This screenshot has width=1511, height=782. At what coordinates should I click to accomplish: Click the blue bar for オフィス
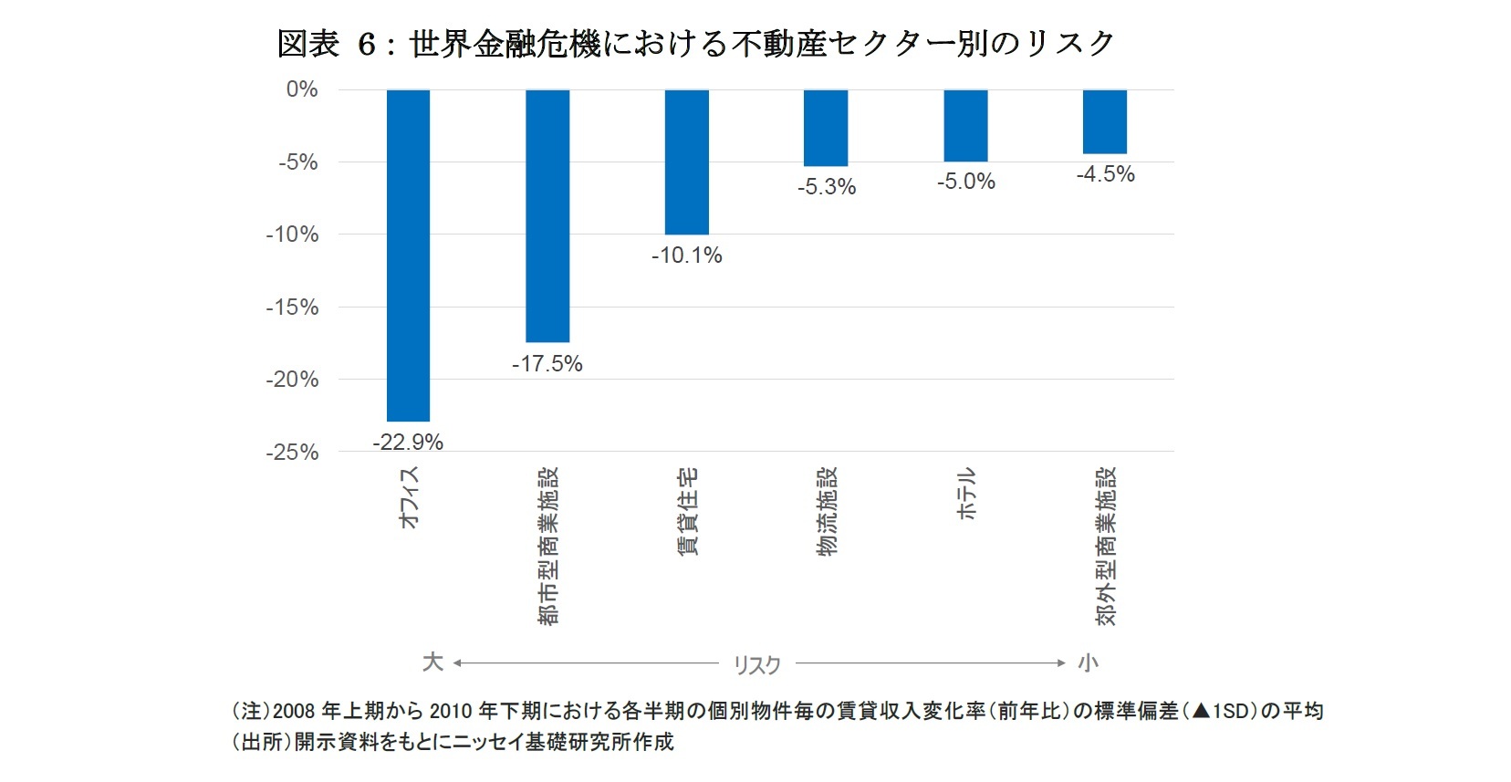pyautogui.click(x=408, y=255)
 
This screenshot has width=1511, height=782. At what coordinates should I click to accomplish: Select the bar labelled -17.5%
pyautogui.click(x=547, y=215)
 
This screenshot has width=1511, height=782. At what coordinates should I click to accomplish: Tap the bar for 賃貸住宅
pyautogui.click(x=686, y=162)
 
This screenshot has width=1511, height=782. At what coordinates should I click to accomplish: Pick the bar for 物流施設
pyautogui.click(x=826, y=128)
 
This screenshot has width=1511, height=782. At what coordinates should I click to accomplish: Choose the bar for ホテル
pyautogui.click(x=965, y=126)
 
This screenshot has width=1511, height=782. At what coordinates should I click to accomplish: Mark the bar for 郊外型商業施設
pyautogui.click(x=1104, y=121)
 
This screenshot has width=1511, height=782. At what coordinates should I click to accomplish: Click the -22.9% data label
pyautogui.click(x=408, y=443)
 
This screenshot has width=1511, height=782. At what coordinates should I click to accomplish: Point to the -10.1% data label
pyautogui.click(x=686, y=255)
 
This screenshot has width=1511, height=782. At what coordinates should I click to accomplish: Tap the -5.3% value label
pyautogui.click(x=826, y=187)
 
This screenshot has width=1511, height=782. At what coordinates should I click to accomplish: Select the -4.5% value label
pyautogui.click(x=1105, y=174)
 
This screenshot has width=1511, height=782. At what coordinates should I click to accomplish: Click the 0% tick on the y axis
pyautogui.click(x=302, y=89)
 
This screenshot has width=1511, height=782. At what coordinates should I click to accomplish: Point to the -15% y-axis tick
pyautogui.click(x=292, y=308)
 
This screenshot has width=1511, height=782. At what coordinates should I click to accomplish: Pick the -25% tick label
pyautogui.click(x=292, y=453)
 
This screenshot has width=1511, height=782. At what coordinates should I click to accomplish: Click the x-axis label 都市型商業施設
pyautogui.click(x=548, y=546)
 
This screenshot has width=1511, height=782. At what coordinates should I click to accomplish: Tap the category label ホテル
pyautogui.click(x=966, y=494)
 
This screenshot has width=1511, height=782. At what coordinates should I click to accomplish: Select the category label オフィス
pyautogui.click(x=409, y=497)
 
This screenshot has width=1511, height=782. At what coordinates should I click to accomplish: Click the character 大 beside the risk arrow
pyautogui.click(x=432, y=662)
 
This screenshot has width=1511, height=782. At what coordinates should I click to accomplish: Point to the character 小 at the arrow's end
pyautogui.click(x=1088, y=662)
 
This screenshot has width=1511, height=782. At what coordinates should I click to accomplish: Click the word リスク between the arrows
pyautogui.click(x=756, y=665)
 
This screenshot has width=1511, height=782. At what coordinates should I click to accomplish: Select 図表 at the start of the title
pyautogui.click(x=307, y=44)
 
